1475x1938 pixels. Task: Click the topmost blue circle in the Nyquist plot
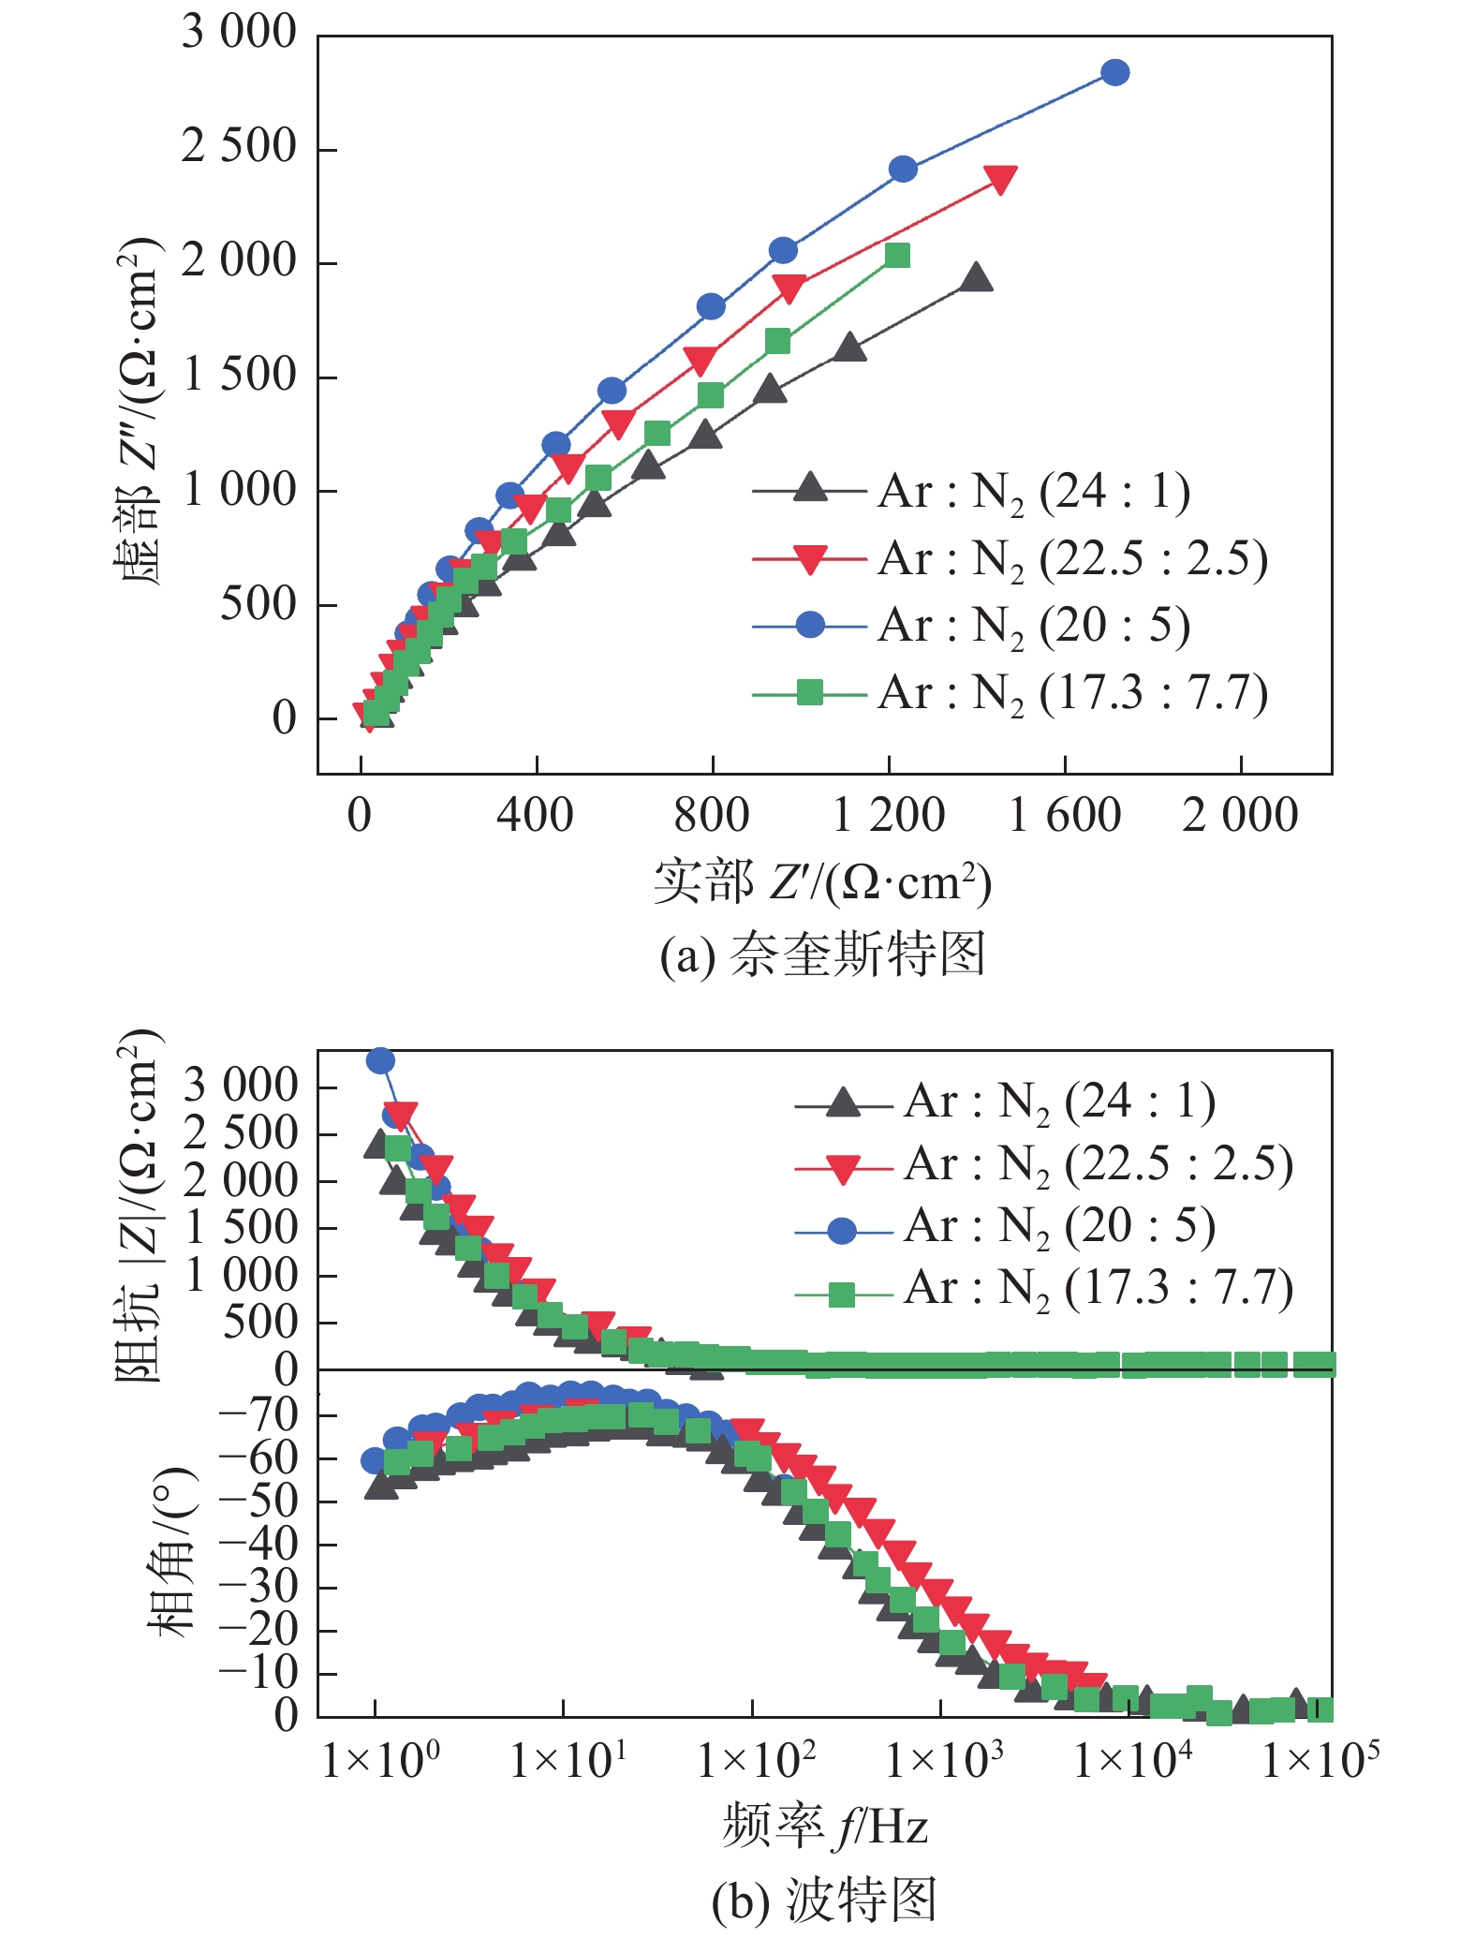click(x=1114, y=72)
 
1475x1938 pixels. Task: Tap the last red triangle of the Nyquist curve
click(x=1000, y=179)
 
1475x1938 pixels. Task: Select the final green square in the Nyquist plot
click(x=897, y=255)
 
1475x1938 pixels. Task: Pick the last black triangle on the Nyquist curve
click(x=976, y=277)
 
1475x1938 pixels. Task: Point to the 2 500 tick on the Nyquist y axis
click(x=239, y=148)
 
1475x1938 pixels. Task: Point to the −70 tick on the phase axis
click(x=258, y=1415)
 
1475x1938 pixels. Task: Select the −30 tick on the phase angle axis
click(x=258, y=1588)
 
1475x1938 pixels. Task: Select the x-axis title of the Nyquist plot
click(x=822, y=881)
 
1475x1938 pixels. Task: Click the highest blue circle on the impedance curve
click(x=380, y=1060)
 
